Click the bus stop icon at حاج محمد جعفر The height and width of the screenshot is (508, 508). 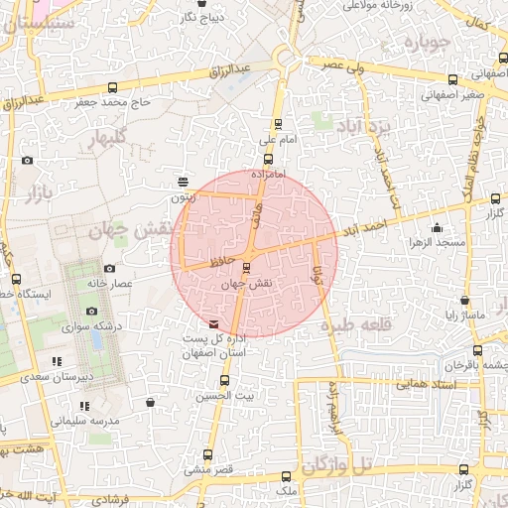click(109, 86)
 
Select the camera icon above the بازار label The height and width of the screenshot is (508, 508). click(27, 161)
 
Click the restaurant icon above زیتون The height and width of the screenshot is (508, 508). click(184, 181)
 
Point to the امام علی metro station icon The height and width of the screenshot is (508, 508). click(277, 125)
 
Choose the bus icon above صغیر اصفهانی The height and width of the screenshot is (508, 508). click(452, 79)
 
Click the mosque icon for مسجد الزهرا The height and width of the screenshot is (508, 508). click(437, 228)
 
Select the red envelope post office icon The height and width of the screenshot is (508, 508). click(213, 323)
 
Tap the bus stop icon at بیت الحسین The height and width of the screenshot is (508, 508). click(225, 379)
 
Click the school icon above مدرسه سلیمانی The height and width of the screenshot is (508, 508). click(84, 406)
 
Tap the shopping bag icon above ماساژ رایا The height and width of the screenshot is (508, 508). click(462, 301)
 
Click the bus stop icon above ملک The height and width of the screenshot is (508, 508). click(287, 476)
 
